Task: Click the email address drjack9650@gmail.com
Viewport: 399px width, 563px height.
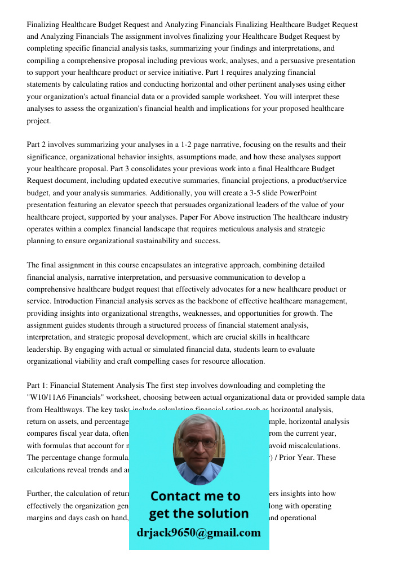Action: pyautogui.click(x=198, y=533)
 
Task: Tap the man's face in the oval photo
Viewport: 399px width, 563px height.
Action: pyautogui.click(x=197, y=447)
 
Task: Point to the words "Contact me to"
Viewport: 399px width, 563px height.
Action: pyautogui.click(x=195, y=496)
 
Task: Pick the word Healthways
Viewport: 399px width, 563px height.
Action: pyautogui.click(x=67, y=409)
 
